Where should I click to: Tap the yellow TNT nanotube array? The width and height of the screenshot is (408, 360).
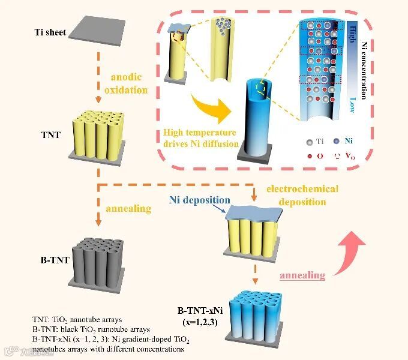[x=99, y=135]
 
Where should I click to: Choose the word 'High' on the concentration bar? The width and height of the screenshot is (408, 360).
[x=353, y=31]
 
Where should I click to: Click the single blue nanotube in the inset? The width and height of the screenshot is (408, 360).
[x=259, y=123]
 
